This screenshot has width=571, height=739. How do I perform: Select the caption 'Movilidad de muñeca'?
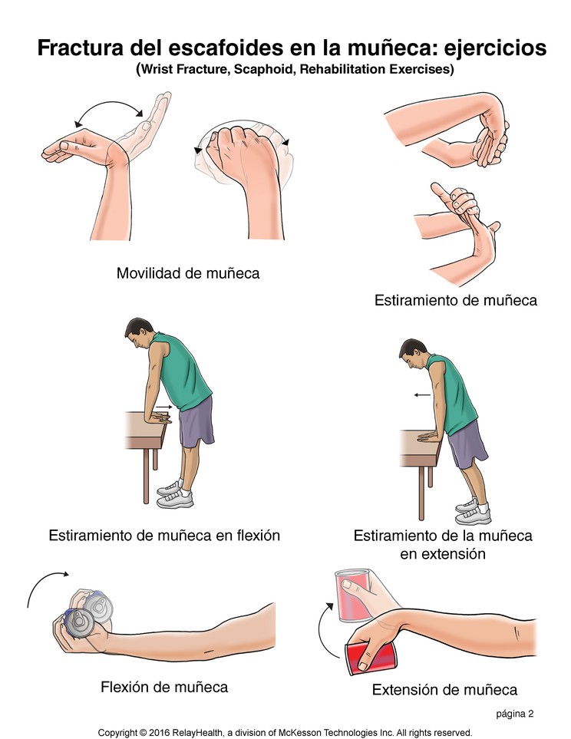(187, 272)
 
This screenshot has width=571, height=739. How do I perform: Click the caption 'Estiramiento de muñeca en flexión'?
(163, 535)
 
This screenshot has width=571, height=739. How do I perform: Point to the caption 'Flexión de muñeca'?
(164, 686)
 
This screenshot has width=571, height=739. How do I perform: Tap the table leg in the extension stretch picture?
(421, 492)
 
